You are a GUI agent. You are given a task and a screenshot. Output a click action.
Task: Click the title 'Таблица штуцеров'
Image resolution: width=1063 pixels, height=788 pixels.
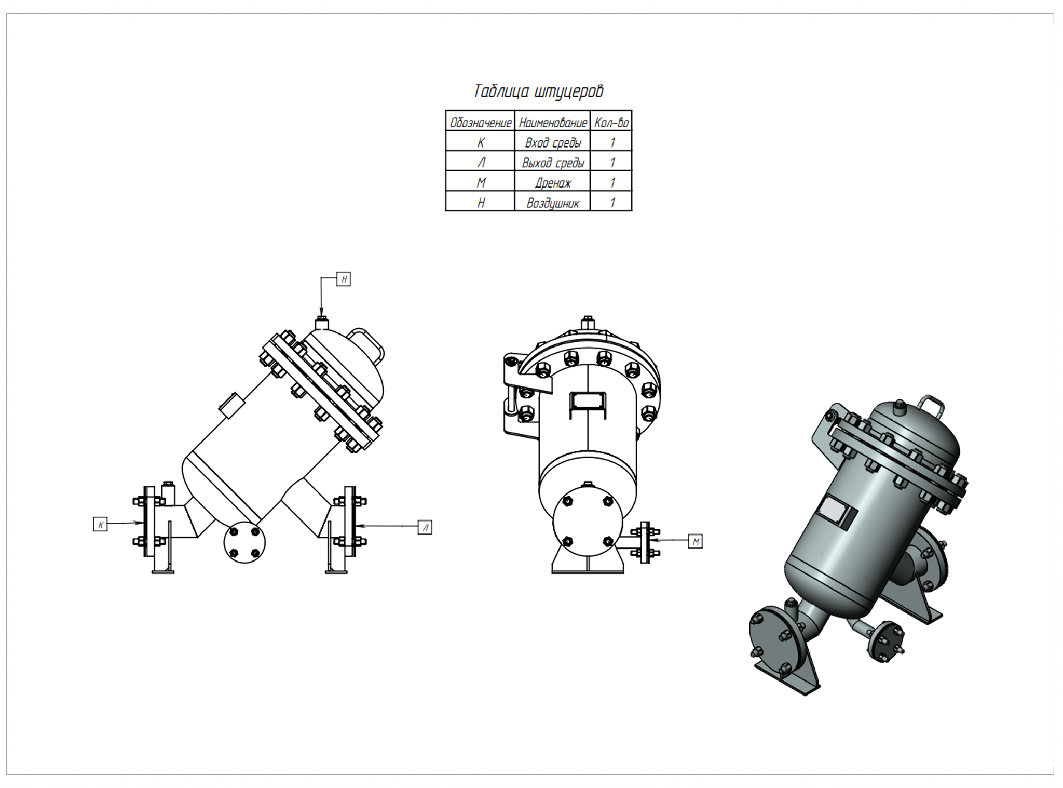[x=538, y=91]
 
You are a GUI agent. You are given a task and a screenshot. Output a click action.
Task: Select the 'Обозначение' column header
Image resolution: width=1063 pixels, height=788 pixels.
[x=480, y=123]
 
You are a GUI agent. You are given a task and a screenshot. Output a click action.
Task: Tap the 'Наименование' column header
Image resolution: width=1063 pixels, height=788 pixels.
[x=552, y=123]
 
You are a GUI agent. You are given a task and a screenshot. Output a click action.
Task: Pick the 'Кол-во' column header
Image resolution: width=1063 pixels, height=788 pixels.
[x=611, y=123]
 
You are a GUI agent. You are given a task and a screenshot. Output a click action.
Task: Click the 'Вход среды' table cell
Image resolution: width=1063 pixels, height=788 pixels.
[x=552, y=142]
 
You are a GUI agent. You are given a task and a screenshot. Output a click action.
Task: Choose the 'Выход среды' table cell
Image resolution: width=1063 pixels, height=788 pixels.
[x=552, y=163]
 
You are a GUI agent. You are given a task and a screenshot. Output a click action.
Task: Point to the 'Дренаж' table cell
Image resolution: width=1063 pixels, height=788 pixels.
[x=552, y=183]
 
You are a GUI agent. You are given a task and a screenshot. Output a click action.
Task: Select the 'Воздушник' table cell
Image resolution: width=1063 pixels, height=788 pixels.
[x=552, y=203]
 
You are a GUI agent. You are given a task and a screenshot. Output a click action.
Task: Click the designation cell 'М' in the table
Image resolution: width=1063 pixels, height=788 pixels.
[x=480, y=183]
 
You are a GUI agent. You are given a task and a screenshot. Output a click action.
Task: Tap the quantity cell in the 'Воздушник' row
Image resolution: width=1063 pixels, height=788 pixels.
[x=611, y=203]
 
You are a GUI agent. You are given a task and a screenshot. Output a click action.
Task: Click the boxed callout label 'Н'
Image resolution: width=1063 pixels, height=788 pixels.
[x=344, y=279]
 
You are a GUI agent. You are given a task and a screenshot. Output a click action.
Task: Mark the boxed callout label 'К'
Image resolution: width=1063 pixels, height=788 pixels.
[x=100, y=524]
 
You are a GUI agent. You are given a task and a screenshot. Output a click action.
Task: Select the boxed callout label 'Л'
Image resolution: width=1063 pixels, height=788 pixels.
[x=425, y=527]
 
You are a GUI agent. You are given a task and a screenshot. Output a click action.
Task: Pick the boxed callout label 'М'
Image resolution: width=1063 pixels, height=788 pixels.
[x=696, y=542]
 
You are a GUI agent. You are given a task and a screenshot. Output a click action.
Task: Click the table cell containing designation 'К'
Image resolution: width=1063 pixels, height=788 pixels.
[x=480, y=142]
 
